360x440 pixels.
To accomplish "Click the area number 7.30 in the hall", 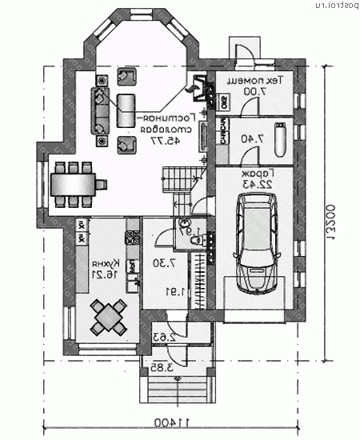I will [x=160, y=263].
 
